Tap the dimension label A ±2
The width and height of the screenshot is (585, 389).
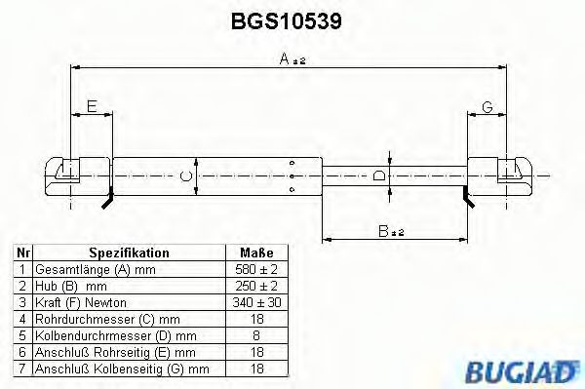pos(290,59)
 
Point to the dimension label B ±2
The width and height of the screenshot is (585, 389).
pos(393,230)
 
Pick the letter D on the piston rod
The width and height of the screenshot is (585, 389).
pos(379,175)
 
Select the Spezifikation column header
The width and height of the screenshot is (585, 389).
pos(129,252)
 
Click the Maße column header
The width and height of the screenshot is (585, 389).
pos(256,252)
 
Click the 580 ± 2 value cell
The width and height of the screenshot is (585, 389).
pos(256,268)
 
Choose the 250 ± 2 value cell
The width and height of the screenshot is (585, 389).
pos(256,285)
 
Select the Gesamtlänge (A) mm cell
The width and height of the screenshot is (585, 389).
pos(95,268)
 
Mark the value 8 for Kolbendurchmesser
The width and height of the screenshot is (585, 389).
pos(256,334)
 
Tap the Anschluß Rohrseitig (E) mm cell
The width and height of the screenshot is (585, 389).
pos(115,351)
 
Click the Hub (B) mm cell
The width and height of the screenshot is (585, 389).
pos(70,285)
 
